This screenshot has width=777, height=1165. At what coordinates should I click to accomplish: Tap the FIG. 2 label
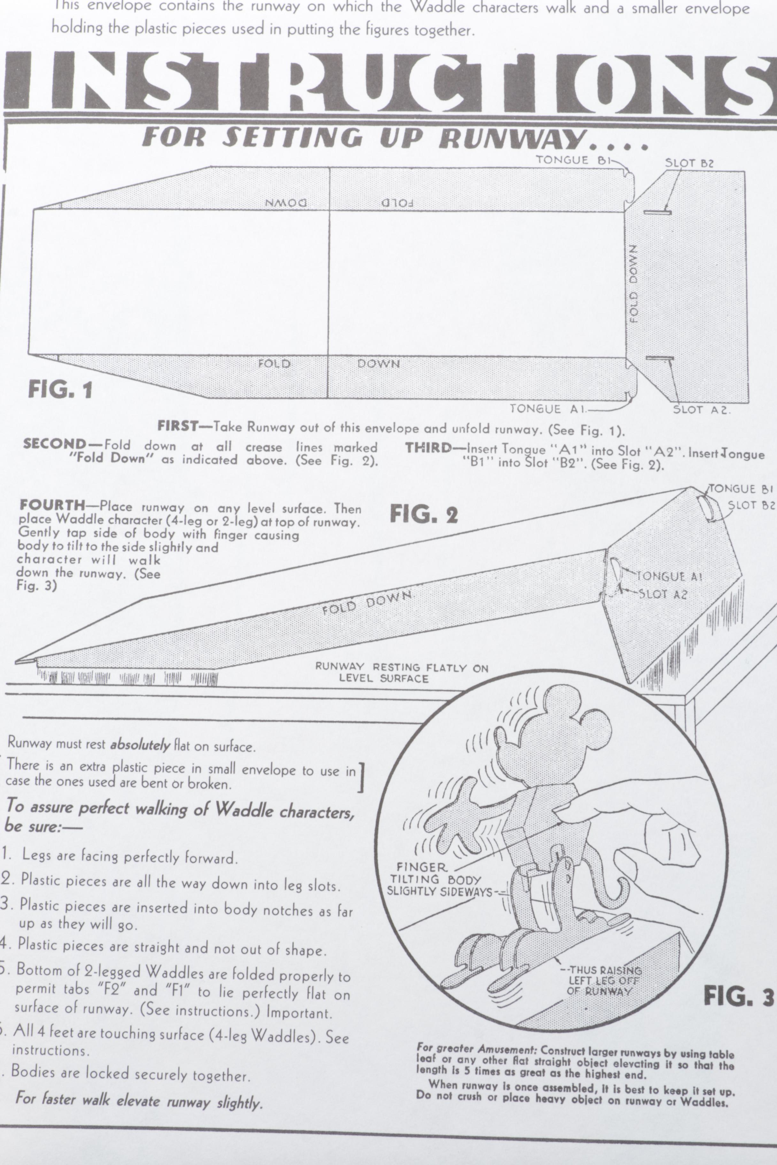424,514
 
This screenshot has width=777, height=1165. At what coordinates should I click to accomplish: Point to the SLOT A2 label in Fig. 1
702,410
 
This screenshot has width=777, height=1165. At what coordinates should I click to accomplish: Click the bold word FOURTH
52,505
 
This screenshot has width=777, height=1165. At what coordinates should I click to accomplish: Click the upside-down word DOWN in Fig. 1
286,202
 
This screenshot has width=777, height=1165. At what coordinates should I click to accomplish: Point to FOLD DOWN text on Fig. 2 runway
367,602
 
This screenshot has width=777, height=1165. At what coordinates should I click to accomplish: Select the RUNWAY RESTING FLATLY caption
402,673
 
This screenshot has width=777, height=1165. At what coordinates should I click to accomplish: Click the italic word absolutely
140,745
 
